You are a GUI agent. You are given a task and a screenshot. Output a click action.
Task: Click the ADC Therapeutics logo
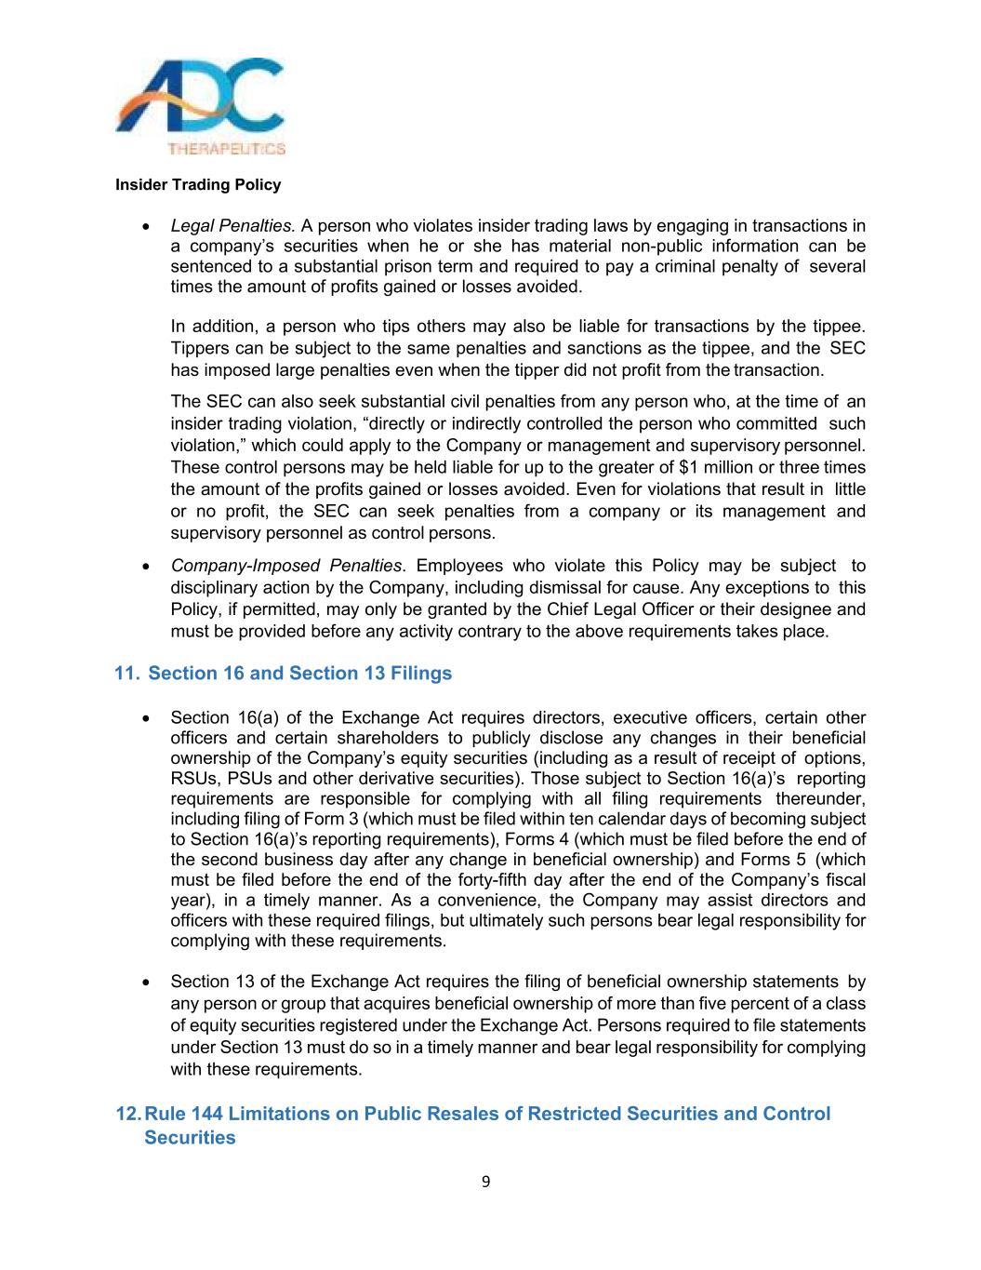pyautogui.click(x=200, y=105)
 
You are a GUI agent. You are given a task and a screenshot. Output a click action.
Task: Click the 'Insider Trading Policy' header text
pyautogui.click(x=198, y=185)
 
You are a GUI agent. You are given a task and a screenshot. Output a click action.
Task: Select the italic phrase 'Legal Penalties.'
pyautogui.click(x=232, y=226)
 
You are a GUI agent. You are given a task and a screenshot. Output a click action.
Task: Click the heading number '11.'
pyautogui.click(x=126, y=674)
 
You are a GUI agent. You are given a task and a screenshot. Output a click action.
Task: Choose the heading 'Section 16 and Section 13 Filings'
pyautogui.click(x=299, y=674)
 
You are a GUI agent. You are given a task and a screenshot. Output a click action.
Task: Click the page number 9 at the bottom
pyautogui.click(x=486, y=1183)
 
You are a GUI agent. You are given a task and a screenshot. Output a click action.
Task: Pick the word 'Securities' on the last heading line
pyautogui.click(x=190, y=1138)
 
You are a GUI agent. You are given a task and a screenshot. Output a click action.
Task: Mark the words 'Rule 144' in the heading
pyautogui.click(x=183, y=1114)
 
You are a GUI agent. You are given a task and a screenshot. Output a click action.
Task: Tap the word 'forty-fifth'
pyautogui.click(x=498, y=880)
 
